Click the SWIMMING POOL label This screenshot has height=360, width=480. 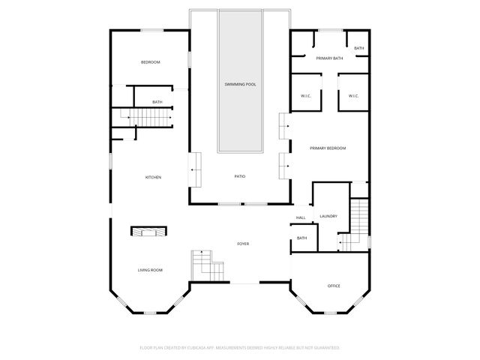pos(240,84)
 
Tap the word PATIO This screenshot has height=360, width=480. pos(240,176)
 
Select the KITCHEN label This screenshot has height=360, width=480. pos(153,177)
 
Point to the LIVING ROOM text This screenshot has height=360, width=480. pos(150,270)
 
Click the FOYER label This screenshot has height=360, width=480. pos(243,244)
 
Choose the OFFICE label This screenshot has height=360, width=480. pos(334,286)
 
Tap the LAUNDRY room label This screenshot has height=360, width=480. pos(328,216)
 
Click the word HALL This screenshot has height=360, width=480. pos(301,217)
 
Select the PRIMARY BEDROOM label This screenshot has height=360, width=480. pos(328,148)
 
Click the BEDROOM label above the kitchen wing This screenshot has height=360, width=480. pos(151,62)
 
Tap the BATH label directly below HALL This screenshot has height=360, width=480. pos(301,238)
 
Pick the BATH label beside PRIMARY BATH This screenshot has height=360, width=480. pos(359,49)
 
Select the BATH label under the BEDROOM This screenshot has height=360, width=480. pos(157,102)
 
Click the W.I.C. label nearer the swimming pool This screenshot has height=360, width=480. pos(305,95)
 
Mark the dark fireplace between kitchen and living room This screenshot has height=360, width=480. pos(149,231)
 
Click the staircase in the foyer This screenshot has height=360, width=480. pos(206,265)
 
